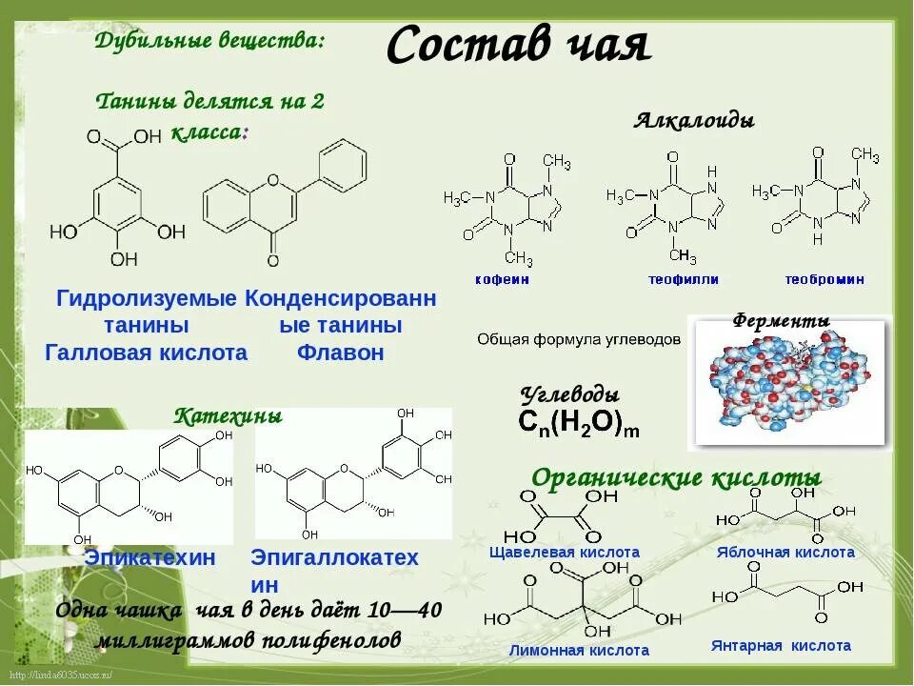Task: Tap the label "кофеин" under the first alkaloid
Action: click(502, 280)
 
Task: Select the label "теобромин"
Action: click(825, 280)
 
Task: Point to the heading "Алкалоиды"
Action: click(694, 121)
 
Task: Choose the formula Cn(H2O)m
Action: click(579, 424)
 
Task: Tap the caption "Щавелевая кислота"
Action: click(564, 553)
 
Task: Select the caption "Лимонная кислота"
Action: click(566, 651)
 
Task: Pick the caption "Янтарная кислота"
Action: click(781, 646)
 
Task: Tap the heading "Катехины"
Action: click(228, 416)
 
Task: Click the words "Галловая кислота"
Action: click(147, 353)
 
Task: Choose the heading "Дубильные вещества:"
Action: click(210, 41)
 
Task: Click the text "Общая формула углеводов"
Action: click(579, 339)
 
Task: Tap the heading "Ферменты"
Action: click(781, 321)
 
